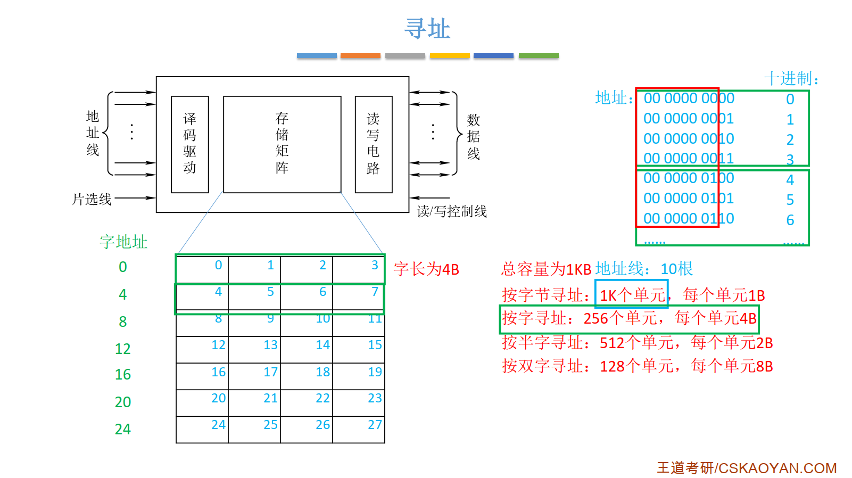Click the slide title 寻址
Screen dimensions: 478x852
[x=427, y=29]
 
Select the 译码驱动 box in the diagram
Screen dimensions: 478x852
[x=189, y=144]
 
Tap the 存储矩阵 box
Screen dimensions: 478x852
[x=282, y=144]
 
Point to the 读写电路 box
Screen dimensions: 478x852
[x=373, y=144]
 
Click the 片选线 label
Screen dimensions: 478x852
[x=92, y=200]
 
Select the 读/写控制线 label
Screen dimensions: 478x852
[x=451, y=212]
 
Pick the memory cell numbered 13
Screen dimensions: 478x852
[x=254, y=350]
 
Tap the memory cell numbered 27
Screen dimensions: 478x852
[x=359, y=430]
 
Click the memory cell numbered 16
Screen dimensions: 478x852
[x=202, y=376]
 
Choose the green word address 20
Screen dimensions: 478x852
[x=123, y=402]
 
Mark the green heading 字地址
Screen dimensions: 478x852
[x=123, y=242]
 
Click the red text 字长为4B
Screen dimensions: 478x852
[x=426, y=269]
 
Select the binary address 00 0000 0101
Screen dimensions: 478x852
[x=688, y=199]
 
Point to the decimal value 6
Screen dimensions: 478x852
[x=790, y=220]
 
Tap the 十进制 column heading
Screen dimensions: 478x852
[x=791, y=79]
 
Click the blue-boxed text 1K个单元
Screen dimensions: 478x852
[x=632, y=295]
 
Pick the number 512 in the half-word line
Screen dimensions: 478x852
[x=612, y=343]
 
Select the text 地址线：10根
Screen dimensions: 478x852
[x=644, y=269]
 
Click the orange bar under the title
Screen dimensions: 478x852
[x=360, y=55]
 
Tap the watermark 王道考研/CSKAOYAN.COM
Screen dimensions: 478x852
[x=746, y=468]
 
